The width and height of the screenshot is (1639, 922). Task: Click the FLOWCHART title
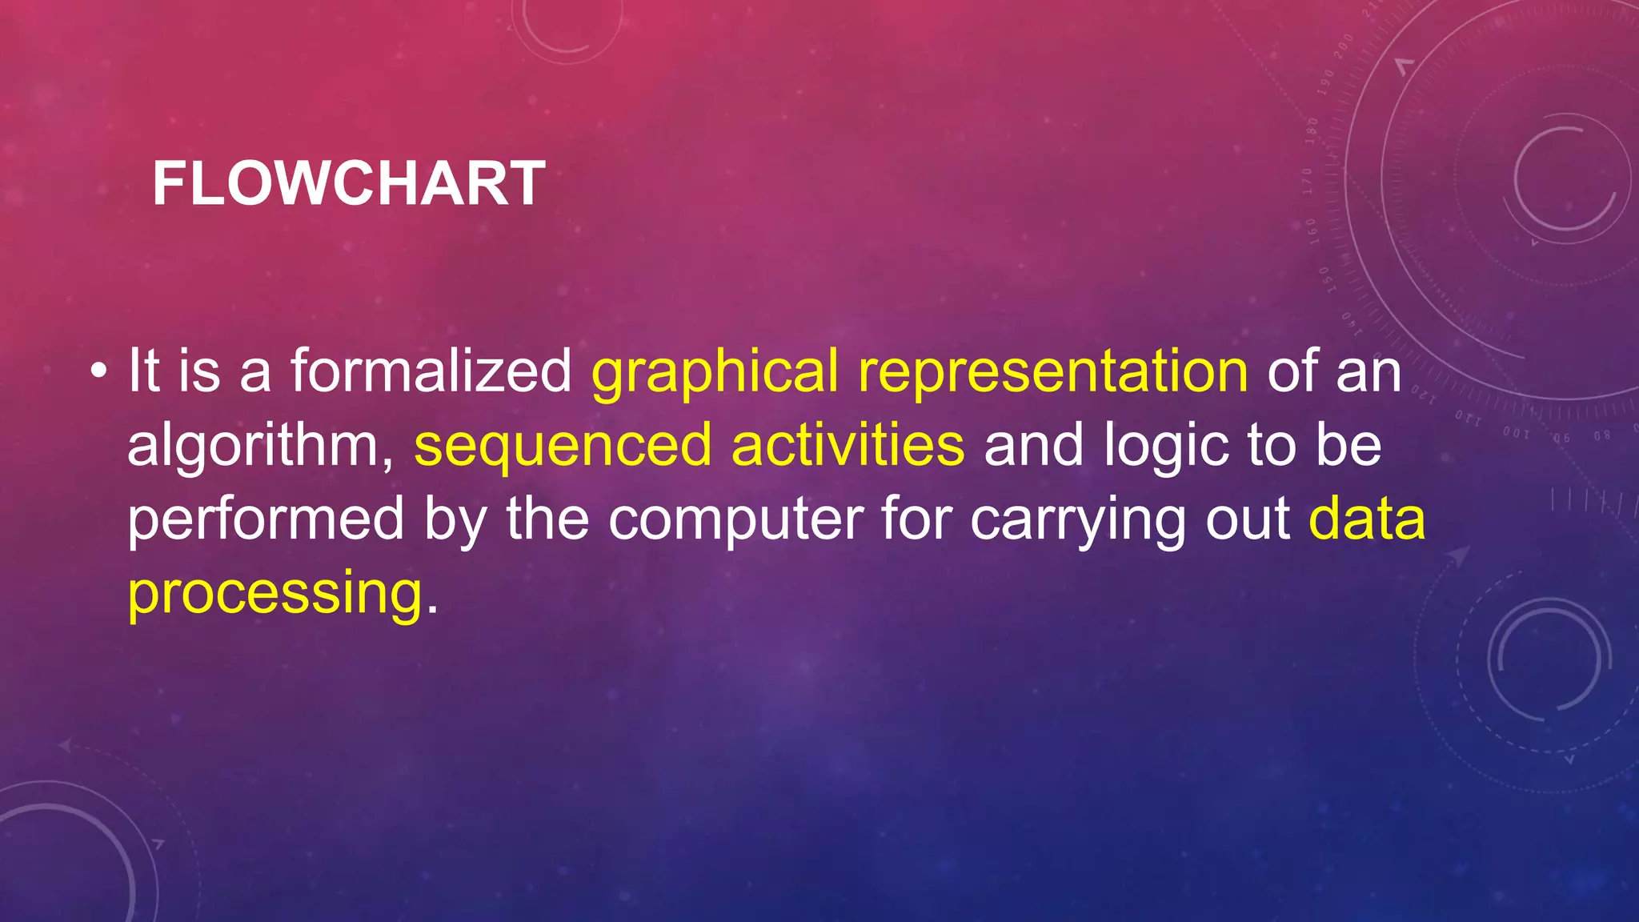tap(349, 184)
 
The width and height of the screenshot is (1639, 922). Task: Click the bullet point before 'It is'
tap(98, 371)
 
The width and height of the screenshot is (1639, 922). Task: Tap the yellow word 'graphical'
tap(715, 373)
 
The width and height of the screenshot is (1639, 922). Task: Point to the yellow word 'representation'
tap(1052, 373)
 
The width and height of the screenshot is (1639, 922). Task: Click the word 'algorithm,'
tap(261, 447)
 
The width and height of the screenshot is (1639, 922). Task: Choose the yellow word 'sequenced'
tap(563, 447)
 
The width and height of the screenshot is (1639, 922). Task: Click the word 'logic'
tap(1166, 447)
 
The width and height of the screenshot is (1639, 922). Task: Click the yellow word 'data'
tap(1367, 518)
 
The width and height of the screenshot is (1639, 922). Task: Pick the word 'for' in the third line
tap(915, 518)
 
